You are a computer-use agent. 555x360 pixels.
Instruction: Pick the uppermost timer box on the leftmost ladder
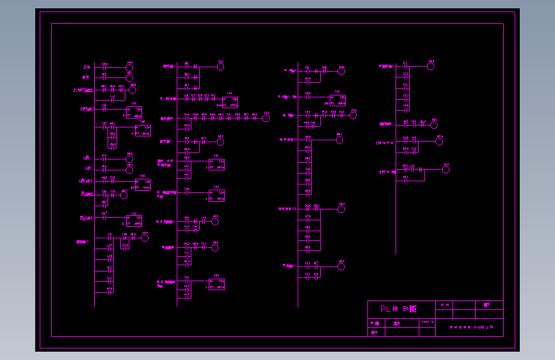(x=134, y=112)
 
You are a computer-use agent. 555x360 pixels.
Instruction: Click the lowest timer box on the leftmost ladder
(x=134, y=220)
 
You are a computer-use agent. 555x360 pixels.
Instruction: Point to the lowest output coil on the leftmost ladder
(x=145, y=238)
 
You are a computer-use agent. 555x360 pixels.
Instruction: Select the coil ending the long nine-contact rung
(x=266, y=117)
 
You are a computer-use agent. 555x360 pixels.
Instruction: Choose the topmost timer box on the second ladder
(x=230, y=101)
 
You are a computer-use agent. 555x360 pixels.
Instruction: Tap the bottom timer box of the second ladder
(x=216, y=284)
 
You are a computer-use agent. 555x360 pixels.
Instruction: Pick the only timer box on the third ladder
(x=337, y=99)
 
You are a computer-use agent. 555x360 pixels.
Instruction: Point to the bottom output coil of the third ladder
(x=341, y=265)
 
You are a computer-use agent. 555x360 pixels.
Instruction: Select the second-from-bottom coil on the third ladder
(x=341, y=209)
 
